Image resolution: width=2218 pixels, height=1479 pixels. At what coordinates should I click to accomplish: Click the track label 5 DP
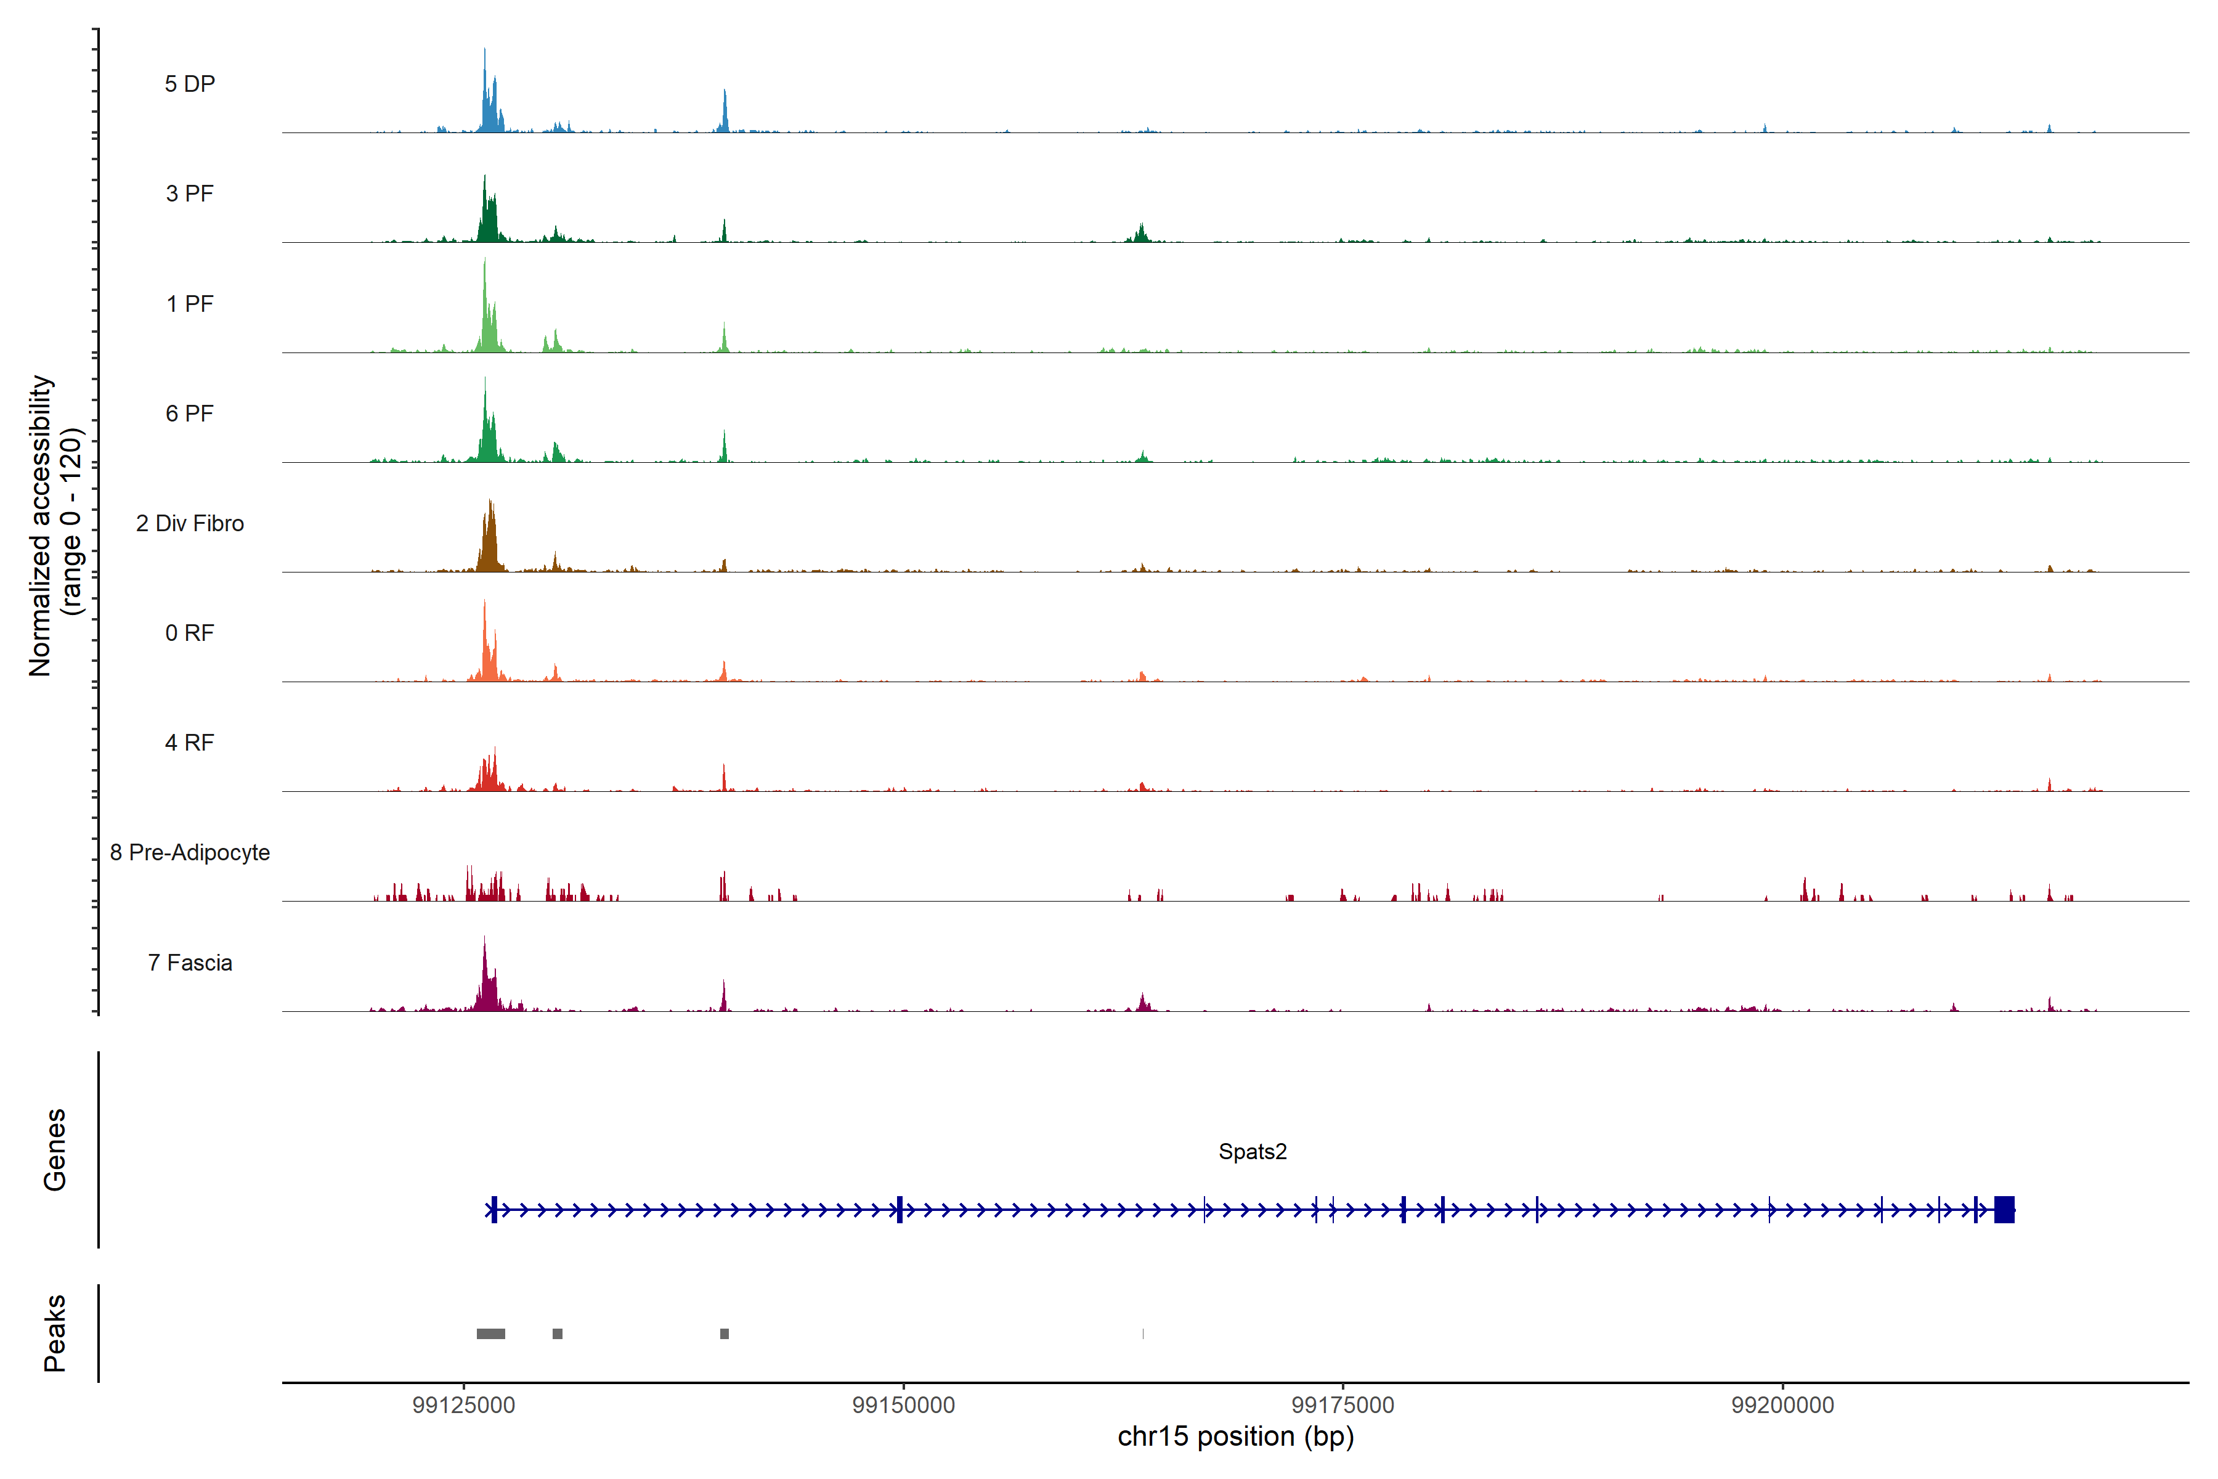click(190, 84)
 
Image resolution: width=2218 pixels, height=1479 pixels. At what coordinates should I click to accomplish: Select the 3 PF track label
click(190, 194)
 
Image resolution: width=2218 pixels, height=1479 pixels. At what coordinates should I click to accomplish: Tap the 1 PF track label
click(190, 304)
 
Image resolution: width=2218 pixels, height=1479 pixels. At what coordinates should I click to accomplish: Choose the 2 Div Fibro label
click(190, 523)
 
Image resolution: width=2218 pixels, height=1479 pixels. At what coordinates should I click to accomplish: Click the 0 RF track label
click(190, 633)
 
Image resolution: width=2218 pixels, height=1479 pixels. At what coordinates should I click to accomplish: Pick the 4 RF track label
click(190, 743)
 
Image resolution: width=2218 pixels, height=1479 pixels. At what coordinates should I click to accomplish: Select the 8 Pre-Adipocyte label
click(190, 853)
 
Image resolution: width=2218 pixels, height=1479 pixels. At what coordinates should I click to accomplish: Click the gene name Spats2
click(1253, 1152)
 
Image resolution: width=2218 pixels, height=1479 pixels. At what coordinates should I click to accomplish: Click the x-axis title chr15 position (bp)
click(1235, 1436)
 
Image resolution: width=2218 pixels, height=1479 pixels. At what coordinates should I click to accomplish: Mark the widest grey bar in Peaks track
click(490, 1334)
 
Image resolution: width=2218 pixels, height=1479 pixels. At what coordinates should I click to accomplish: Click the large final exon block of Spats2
click(2004, 1209)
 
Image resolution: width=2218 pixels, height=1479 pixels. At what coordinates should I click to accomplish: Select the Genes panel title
click(55, 1150)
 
